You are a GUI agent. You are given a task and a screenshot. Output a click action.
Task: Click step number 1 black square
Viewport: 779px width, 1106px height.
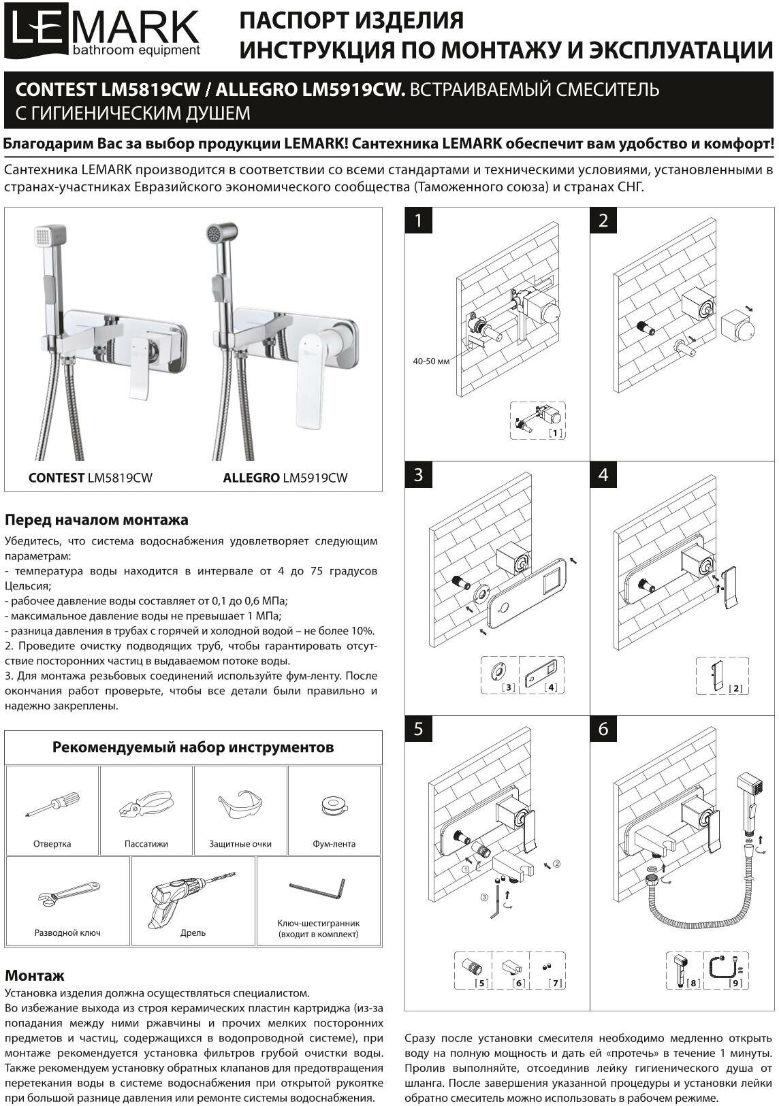pyautogui.click(x=419, y=221)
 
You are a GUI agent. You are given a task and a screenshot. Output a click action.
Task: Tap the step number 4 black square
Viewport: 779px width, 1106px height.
pyautogui.click(x=603, y=474)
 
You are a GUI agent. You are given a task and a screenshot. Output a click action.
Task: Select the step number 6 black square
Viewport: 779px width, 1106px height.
pyautogui.click(x=603, y=729)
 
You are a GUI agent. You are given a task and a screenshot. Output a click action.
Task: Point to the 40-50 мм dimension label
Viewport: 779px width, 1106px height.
pyautogui.click(x=431, y=361)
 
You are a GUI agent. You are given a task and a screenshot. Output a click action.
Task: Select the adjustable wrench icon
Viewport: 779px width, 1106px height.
pyautogui.click(x=66, y=895)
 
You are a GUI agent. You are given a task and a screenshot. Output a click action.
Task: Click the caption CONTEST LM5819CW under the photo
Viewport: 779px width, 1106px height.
pyautogui.click(x=91, y=478)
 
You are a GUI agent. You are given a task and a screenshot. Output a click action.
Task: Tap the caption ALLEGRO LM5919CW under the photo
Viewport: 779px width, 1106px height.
pyautogui.click(x=285, y=478)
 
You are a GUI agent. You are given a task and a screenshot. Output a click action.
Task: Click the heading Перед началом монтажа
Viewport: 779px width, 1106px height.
pyautogui.click(x=97, y=520)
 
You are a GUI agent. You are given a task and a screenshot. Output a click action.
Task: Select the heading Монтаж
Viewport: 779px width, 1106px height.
pyautogui.click(x=35, y=975)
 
